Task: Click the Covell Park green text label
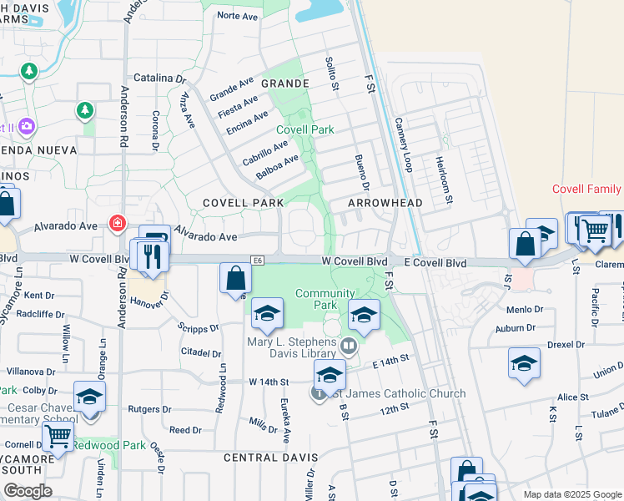305,129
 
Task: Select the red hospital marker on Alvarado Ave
117,224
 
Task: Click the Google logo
28,490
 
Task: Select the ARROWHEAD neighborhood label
385,203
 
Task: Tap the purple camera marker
27,126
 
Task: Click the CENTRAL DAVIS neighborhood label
270,458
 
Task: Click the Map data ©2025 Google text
571,494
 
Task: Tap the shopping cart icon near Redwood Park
58,435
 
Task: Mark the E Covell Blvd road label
434,262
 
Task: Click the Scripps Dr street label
198,328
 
